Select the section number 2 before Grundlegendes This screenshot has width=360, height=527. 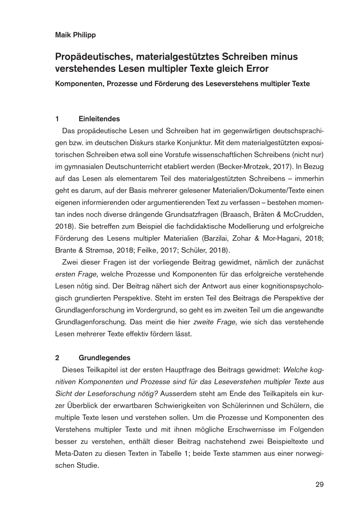coord(57,357)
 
